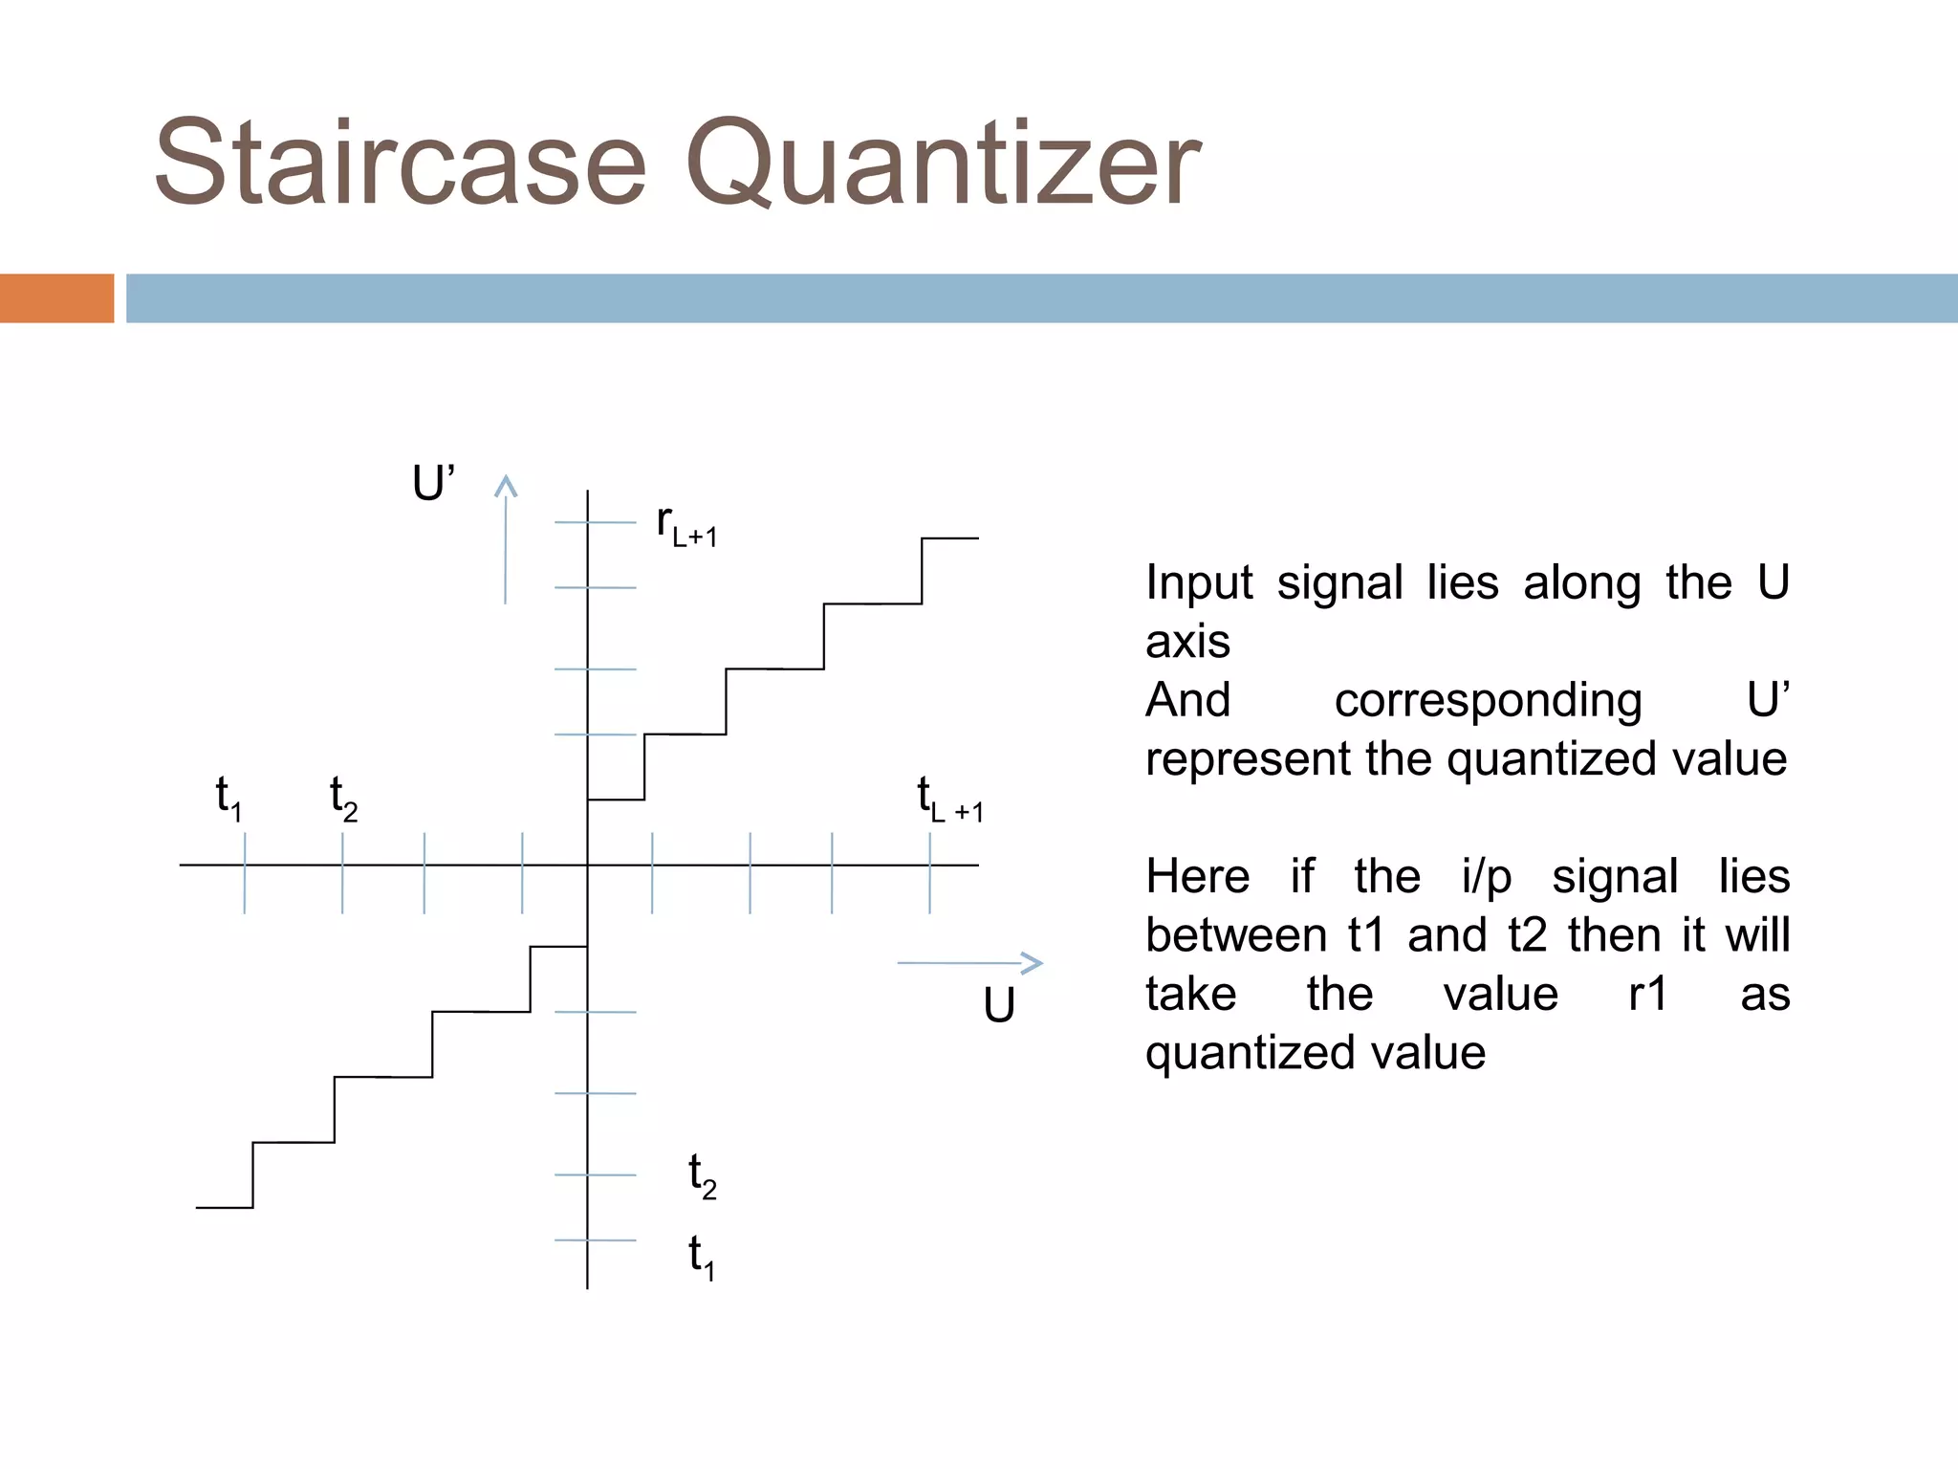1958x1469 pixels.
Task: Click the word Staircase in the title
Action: [401, 163]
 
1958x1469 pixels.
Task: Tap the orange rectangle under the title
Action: [56, 297]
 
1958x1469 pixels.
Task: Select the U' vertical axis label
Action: [433, 483]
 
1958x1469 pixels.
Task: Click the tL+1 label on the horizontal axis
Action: [949, 800]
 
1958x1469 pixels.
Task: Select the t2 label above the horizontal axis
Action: [343, 798]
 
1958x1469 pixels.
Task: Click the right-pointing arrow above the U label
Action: [969, 963]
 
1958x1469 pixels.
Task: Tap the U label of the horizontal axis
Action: [999, 1006]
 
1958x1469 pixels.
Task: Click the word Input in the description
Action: [1199, 582]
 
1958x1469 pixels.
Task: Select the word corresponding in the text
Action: [1488, 701]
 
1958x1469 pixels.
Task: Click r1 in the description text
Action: [1648, 994]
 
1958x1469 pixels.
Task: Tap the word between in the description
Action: [1236, 935]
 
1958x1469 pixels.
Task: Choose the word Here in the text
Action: [1198, 876]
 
